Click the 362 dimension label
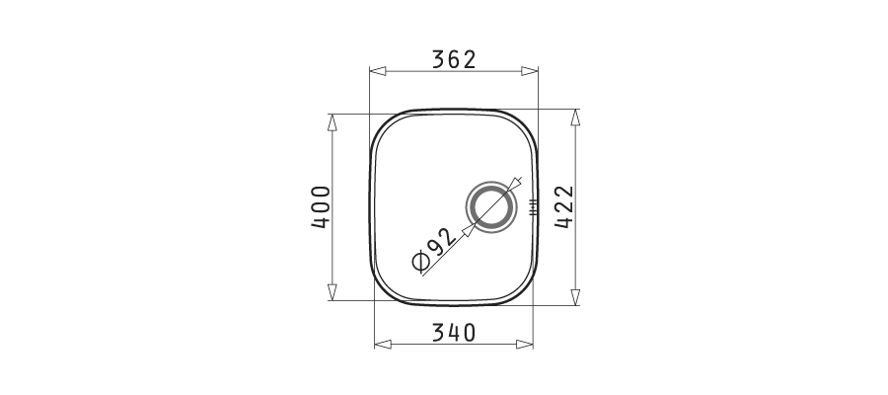454,59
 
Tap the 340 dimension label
454,333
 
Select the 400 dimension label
321,206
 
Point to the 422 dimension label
564,206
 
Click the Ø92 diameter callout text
434,250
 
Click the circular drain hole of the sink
491,206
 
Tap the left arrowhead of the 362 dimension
378,71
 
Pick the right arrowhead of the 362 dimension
530,71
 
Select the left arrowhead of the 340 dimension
383,344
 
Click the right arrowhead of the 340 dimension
525,344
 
